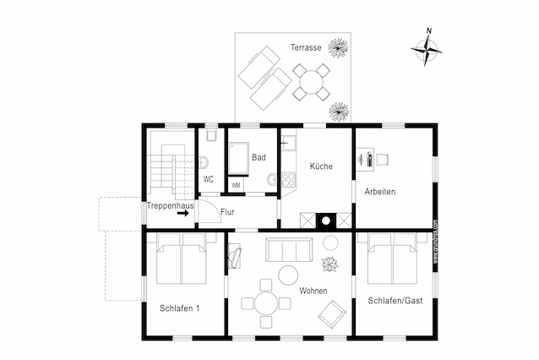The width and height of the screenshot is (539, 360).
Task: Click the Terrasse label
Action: (305, 47)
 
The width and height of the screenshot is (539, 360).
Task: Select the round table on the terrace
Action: (312, 82)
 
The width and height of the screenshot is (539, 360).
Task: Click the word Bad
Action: (259, 157)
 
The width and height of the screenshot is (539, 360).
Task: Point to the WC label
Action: (209, 179)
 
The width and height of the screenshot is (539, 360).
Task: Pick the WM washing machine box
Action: (237, 184)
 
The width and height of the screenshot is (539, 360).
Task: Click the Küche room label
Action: (321, 166)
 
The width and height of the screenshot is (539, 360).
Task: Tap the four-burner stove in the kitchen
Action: (288, 179)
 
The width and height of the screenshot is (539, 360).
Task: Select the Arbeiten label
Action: (379, 192)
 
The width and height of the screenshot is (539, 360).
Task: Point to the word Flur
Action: (227, 213)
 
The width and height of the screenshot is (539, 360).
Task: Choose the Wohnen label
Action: (313, 291)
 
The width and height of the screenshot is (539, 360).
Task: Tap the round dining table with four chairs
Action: (265, 303)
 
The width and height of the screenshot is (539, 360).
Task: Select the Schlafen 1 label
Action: (179, 308)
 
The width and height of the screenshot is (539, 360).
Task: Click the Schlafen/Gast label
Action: (393, 301)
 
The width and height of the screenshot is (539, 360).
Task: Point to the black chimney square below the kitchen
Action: (325, 222)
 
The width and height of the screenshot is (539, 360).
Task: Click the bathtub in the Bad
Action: (237, 159)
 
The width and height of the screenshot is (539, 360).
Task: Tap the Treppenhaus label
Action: (170, 205)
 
